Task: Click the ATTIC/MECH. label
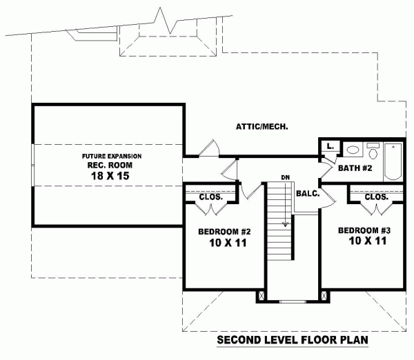(262, 127)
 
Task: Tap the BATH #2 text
(356, 168)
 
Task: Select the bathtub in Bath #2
(393, 161)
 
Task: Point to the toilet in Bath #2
(353, 149)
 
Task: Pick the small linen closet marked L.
(331, 146)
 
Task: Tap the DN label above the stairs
(284, 178)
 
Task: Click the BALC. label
(307, 194)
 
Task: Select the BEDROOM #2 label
(223, 231)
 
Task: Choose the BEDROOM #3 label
(365, 229)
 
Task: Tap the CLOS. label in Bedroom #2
(210, 197)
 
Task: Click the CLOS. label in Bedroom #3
(376, 196)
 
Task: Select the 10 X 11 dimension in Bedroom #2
(223, 243)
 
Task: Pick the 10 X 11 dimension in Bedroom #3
(365, 241)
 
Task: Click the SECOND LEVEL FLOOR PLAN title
(291, 340)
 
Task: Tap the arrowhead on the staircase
(284, 224)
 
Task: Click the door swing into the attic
(209, 147)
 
